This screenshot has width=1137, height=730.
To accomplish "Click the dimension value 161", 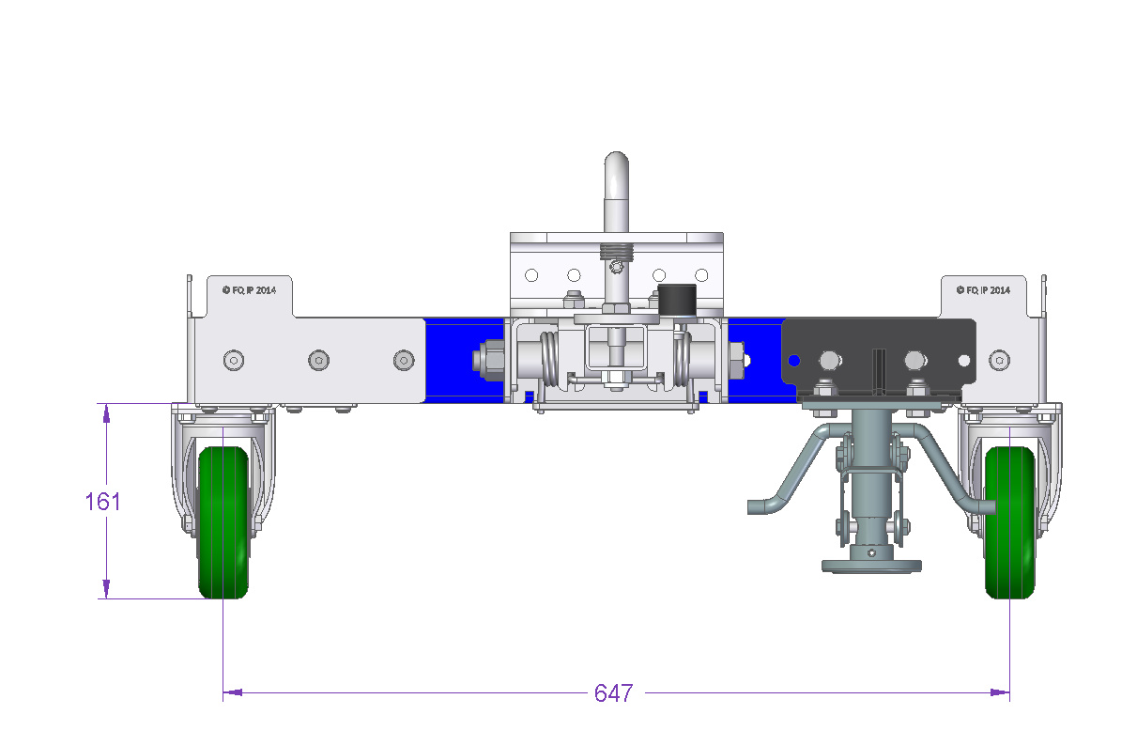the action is (x=102, y=502).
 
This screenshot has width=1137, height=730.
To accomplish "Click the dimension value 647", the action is (x=614, y=693).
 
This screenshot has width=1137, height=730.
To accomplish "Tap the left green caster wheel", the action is (x=223, y=522).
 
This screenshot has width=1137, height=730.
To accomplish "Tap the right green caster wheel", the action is (x=1009, y=522).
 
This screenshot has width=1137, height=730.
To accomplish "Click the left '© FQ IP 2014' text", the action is (x=249, y=290).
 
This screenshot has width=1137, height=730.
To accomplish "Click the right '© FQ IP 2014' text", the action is (x=983, y=290).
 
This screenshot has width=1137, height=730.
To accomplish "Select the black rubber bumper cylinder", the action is (x=677, y=301).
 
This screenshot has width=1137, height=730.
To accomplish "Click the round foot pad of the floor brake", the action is (x=871, y=567).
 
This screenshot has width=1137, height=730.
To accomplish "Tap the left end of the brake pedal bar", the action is (x=751, y=507).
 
